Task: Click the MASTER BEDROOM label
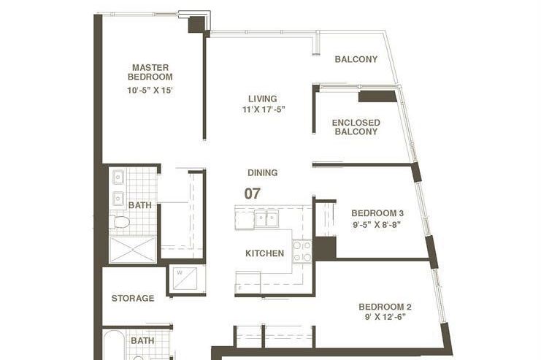[x=150, y=72]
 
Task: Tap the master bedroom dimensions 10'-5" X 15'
[x=150, y=91]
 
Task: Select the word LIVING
[x=262, y=99]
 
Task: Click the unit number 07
[x=253, y=194]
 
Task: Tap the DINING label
[x=262, y=173]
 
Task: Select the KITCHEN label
[x=264, y=253]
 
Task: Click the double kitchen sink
[x=266, y=219]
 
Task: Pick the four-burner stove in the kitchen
[x=302, y=252]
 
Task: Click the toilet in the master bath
[x=120, y=222]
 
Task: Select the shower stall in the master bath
[x=134, y=249]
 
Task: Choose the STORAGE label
[x=133, y=298]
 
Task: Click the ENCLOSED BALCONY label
[x=356, y=127]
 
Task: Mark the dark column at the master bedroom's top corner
[x=197, y=24]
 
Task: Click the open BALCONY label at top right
[x=356, y=59]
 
